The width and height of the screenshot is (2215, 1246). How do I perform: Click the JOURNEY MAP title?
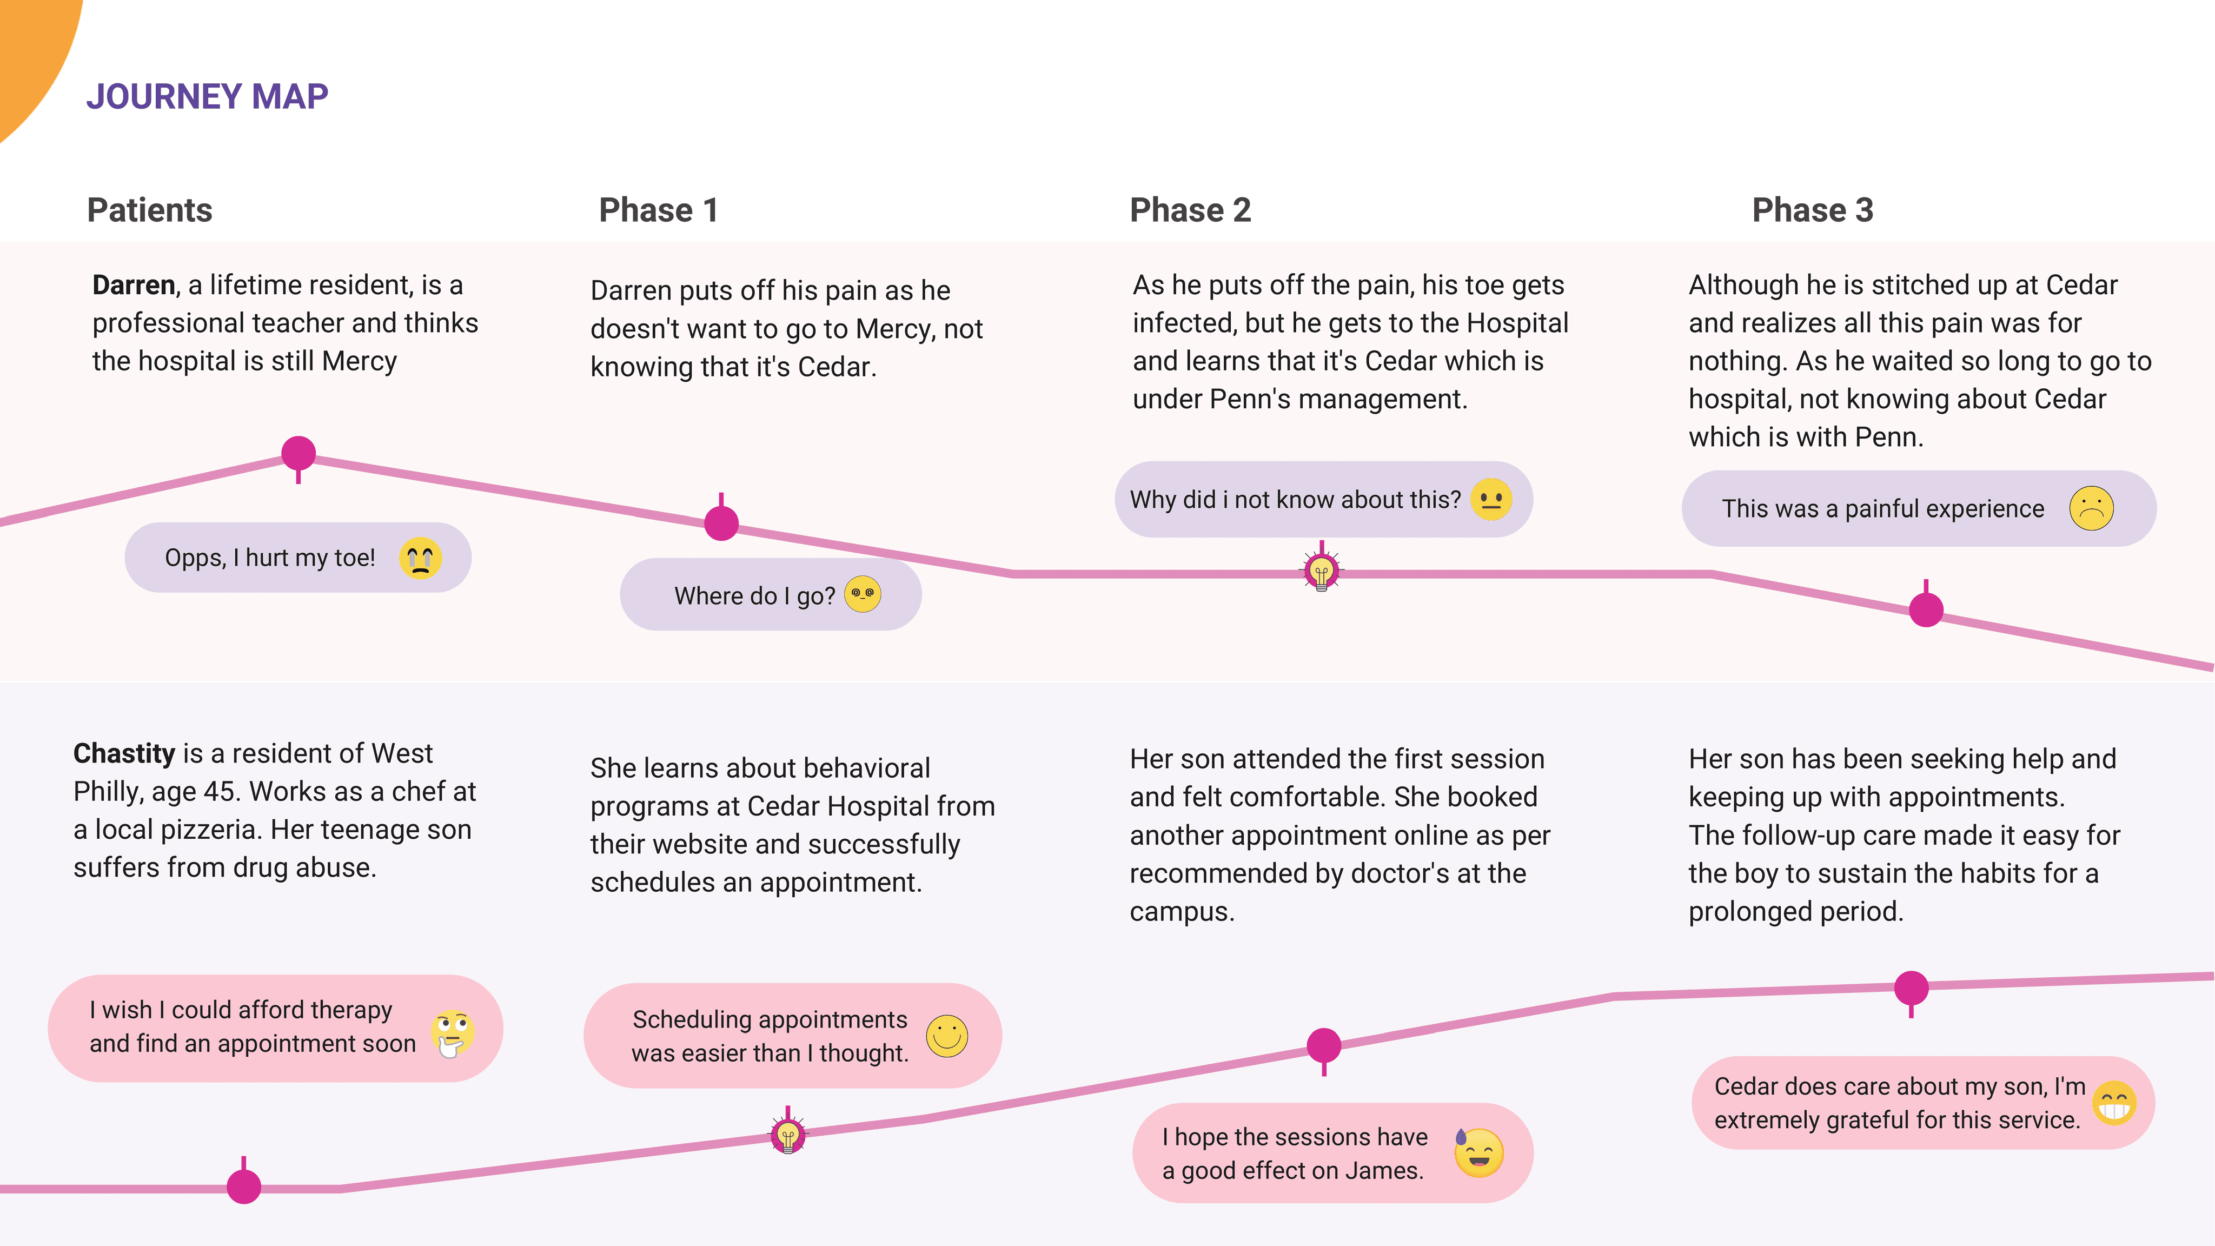tap(207, 96)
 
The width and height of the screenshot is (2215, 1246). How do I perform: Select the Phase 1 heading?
tap(659, 210)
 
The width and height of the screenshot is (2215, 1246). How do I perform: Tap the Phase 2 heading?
tap(1190, 210)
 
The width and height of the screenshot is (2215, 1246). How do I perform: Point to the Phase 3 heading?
tap(1813, 210)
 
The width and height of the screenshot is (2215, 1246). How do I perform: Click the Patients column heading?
tap(150, 210)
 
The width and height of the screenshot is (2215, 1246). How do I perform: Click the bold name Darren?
tap(133, 284)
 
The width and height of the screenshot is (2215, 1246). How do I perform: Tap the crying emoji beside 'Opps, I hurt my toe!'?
tap(421, 558)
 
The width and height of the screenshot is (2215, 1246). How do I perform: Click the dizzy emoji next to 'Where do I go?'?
tap(863, 594)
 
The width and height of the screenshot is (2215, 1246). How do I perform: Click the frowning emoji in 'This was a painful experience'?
tap(2091, 508)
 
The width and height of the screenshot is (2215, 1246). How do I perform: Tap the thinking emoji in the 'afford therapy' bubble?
tap(452, 1033)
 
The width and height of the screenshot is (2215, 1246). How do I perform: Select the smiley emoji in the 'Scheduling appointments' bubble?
tap(947, 1036)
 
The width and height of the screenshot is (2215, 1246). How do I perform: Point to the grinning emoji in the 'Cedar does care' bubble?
tap(2114, 1103)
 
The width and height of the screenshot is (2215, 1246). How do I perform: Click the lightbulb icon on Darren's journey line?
tap(1322, 569)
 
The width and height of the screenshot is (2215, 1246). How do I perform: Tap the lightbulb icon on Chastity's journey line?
tap(787, 1134)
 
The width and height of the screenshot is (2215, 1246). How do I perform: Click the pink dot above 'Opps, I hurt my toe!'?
tap(299, 453)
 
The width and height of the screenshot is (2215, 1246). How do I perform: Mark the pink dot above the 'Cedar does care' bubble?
tap(1912, 988)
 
